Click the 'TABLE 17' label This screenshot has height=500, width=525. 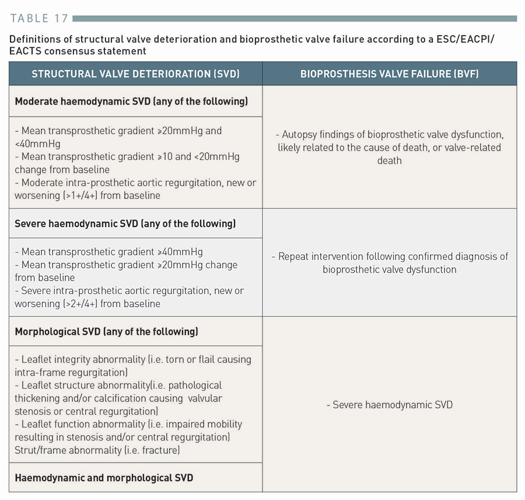(x=39, y=18)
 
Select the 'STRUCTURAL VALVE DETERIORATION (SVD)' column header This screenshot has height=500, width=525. (x=135, y=74)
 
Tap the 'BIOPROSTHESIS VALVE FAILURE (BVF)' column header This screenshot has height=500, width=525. (x=389, y=74)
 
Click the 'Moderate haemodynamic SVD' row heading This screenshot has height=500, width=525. (x=131, y=102)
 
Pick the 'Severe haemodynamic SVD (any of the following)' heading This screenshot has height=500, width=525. (x=125, y=224)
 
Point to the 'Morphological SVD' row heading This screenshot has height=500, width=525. (x=106, y=332)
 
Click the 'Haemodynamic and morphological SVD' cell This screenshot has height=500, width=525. (x=104, y=478)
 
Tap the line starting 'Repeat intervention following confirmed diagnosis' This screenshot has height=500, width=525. (x=390, y=257)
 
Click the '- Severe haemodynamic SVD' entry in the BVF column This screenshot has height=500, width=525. (x=389, y=405)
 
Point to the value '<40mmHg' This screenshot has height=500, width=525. (x=37, y=144)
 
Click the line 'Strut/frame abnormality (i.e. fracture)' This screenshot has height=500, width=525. (x=97, y=450)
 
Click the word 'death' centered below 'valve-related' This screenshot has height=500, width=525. (x=389, y=160)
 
